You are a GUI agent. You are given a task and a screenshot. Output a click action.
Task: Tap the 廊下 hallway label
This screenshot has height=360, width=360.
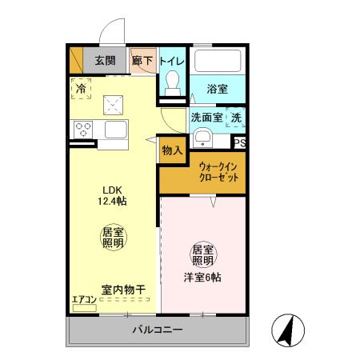click(x=142, y=60)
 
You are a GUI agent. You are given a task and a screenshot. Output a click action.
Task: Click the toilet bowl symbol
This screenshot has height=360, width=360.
click(x=172, y=82)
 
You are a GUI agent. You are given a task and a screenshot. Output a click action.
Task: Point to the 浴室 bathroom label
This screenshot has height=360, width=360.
click(x=217, y=89)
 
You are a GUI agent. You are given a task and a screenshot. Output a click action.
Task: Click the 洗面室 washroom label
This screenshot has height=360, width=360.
click(x=206, y=118)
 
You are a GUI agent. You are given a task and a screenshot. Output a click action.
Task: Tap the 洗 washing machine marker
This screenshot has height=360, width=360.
click(x=236, y=118)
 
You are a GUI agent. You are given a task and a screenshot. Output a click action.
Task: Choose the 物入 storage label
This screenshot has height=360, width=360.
click(x=172, y=150)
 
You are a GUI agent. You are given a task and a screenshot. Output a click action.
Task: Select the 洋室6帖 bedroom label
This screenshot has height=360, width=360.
click(x=202, y=278)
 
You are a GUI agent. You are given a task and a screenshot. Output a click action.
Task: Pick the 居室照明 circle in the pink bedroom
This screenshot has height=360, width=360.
click(x=202, y=254)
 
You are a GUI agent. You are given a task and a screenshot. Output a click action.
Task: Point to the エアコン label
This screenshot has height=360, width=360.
click(x=84, y=300)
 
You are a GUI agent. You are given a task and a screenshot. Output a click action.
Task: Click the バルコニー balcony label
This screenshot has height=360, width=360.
click(x=158, y=330)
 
